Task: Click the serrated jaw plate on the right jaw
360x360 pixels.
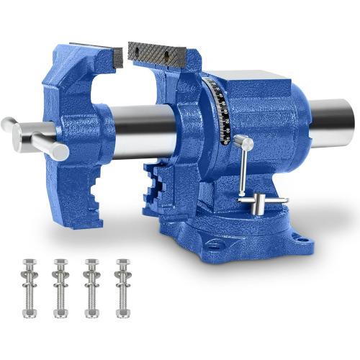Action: point(158,51)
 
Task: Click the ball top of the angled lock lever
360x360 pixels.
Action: point(248,145)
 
